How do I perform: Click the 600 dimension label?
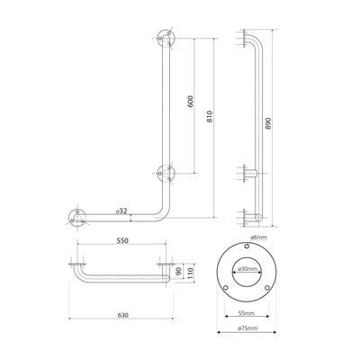pyautogui.click(x=192, y=102)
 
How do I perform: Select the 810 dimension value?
pyautogui.click(x=210, y=116)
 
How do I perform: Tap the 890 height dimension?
pyautogui.click(x=268, y=123)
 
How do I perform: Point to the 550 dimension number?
pyautogui.click(x=122, y=241)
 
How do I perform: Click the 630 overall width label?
pyautogui.click(x=122, y=315)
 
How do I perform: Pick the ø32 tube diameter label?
pyautogui.click(x=121, y=211)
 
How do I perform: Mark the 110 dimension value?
pyautogui.click(x=191, y=273)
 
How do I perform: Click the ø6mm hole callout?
pyautogui.click(x=258, y=238)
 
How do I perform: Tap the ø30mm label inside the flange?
pyautogui.click(x=247, y=269)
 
